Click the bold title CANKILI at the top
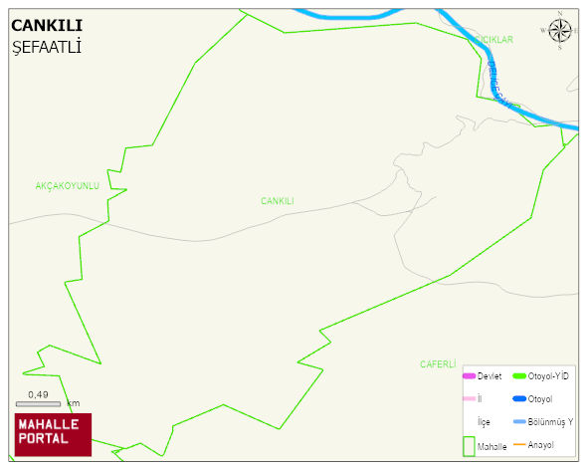[x=47, y=26]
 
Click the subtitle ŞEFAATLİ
[x=46, y=47]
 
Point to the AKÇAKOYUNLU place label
[x=68, y=186]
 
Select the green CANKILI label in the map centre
[x=278, y=201]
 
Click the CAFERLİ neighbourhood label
[x=438, y=364]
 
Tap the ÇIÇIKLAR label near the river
[x=493, y=40]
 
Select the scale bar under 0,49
[x=38, y=404]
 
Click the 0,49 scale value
[x=38, y=394]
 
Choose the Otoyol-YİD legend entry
[x=547, y=376]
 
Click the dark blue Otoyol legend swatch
[x=519, y=399]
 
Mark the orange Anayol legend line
[x=519, y=444]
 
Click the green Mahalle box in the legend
[x=469, y=445]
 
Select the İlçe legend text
[x=485, y=422]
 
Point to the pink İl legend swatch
[x=469, y=399]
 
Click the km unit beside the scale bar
[x=73, y=403]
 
